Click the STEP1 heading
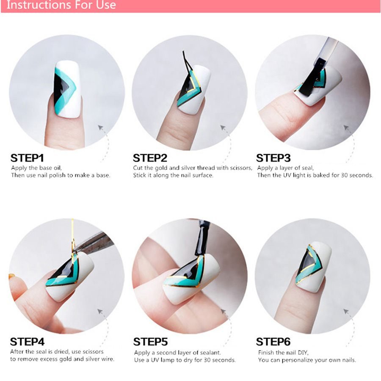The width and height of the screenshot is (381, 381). [x=27, y=158]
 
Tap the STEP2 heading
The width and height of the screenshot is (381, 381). [x=150, y=158]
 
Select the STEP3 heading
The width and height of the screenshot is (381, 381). [x=273, y=158]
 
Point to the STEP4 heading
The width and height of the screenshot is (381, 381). [x=27, y=342]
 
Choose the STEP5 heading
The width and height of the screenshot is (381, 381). [x=150, y=342]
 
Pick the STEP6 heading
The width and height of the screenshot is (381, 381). [x=273, y=342]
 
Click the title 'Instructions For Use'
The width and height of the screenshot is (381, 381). [x=61, y=5]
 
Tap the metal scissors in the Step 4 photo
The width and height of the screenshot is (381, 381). [x=95, y=243]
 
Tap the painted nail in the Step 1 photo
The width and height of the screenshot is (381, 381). [x=67, y=89]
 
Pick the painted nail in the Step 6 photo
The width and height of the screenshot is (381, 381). [x=314, y=267]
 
